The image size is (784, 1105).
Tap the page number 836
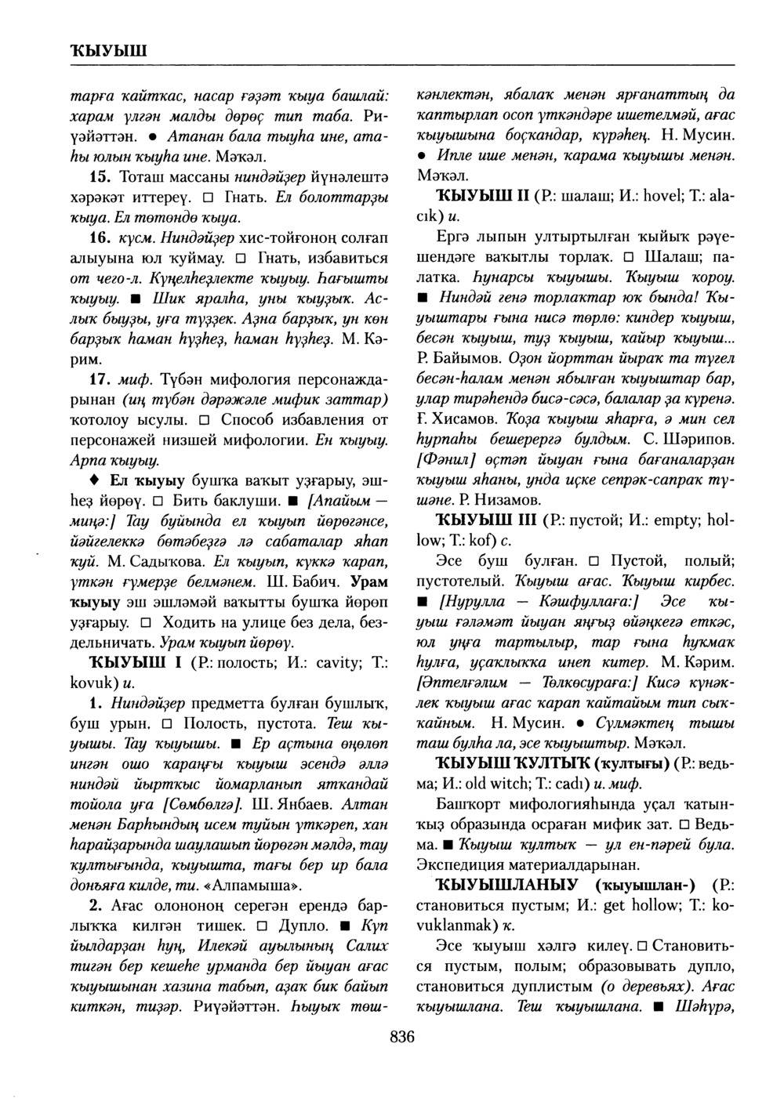[x=401, y=1037]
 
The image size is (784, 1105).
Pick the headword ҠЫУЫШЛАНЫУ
[x=504, y=884]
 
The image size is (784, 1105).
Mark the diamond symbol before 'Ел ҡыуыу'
[x=94, y=479]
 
